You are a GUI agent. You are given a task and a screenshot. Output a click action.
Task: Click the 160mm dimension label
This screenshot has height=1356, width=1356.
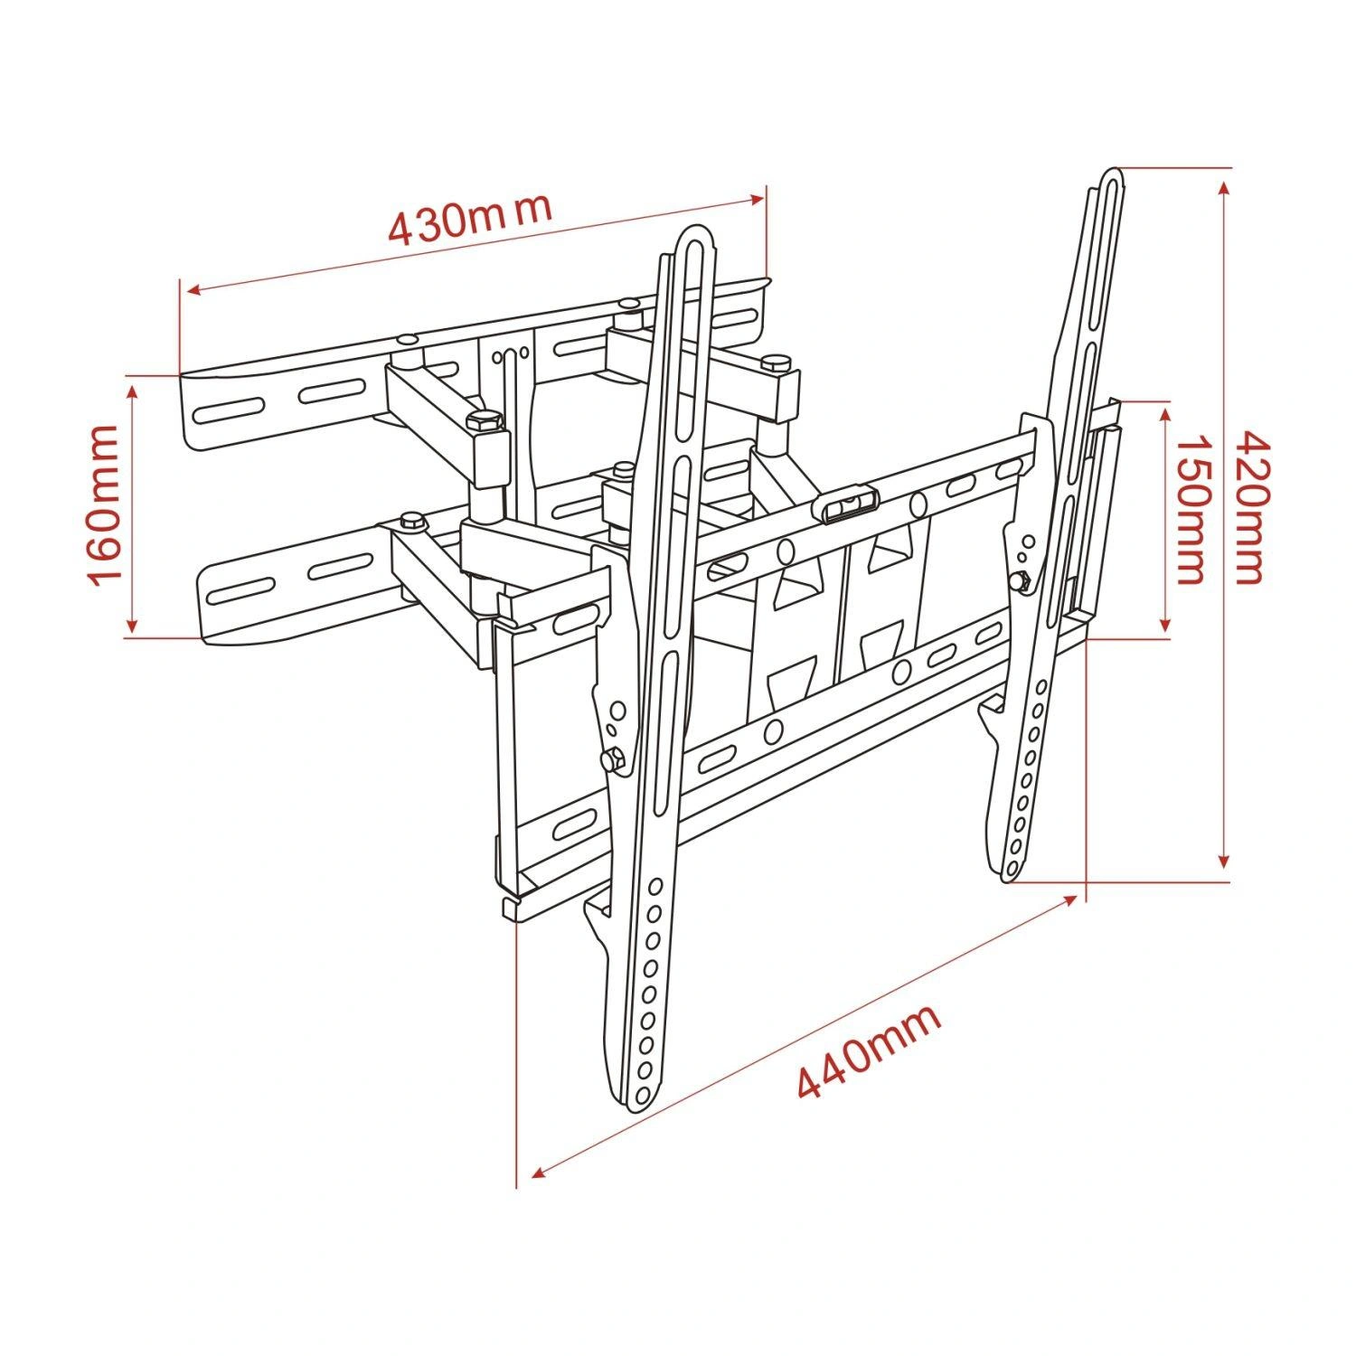102,505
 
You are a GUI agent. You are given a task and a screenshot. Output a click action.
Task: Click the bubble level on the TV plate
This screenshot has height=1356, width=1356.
849,504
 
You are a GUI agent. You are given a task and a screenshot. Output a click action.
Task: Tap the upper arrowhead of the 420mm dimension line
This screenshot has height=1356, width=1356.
1224,186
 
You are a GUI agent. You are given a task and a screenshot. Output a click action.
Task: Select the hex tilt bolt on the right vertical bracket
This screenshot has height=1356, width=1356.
1023,581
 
